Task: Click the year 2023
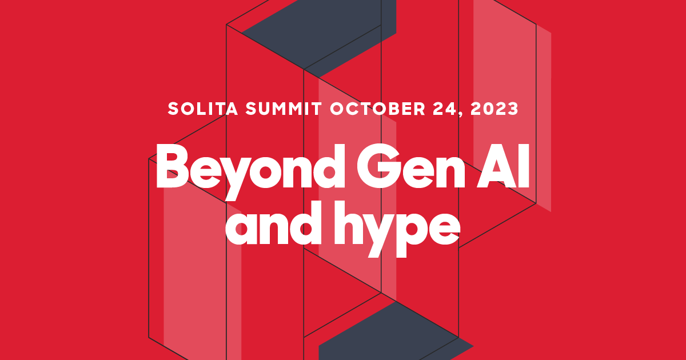[494, 109]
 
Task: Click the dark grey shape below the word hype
[389, 337]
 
